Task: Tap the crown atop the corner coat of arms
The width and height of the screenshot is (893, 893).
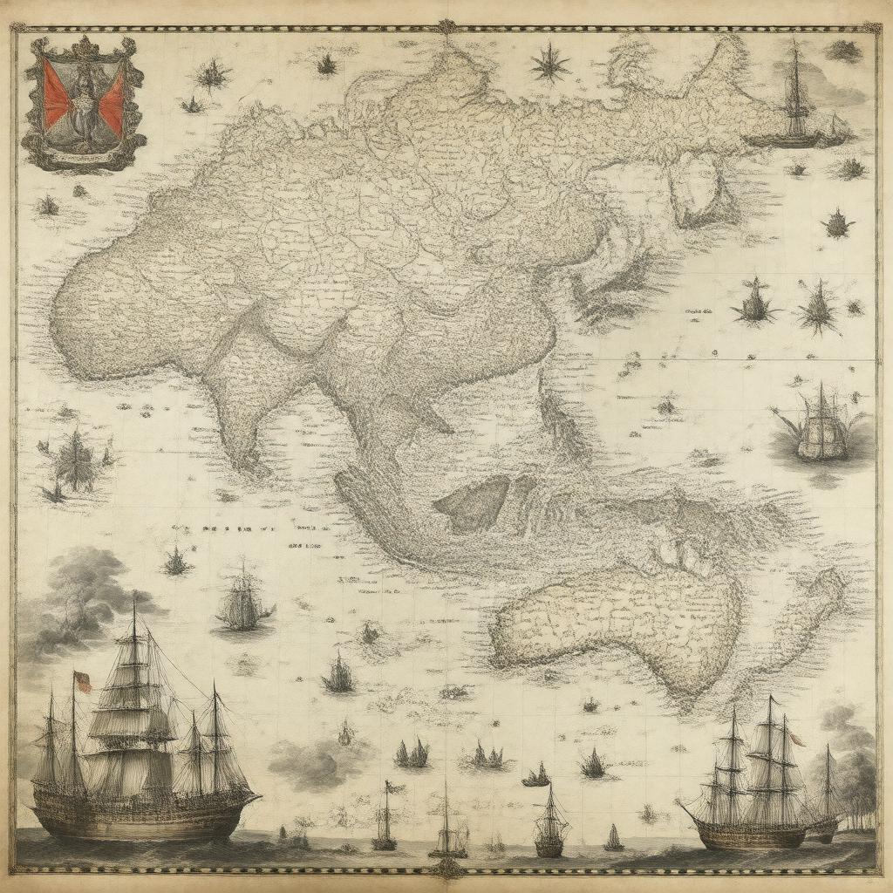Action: [85, 45]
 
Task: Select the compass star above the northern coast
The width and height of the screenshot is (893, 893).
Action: [549, 63]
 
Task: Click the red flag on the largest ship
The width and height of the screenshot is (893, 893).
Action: [83, 680]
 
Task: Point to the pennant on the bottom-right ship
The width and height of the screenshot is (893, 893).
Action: [796, 739]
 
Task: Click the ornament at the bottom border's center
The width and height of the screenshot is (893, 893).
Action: [446, 867]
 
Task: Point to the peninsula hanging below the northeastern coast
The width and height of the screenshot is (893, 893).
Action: [702, 187]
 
